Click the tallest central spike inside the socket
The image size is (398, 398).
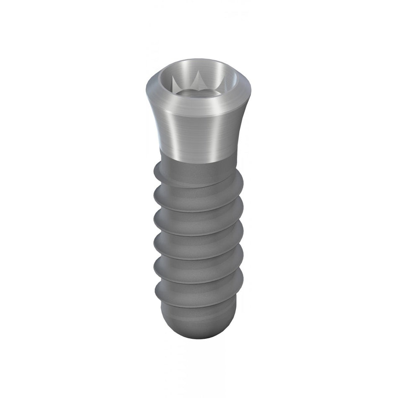tap(197, 79)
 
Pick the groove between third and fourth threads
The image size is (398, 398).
tap(197, 243)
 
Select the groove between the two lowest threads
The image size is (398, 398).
tap(197, 291)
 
